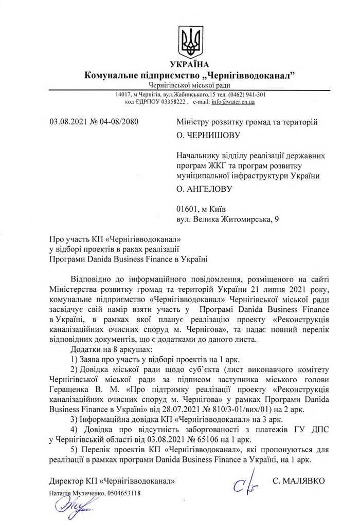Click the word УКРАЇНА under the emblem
pyautogui.click(x=190, y=65)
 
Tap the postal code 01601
pyautogui.click(x=186, y=209)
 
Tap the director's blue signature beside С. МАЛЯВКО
pyautogui.click(x=242, y=484)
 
